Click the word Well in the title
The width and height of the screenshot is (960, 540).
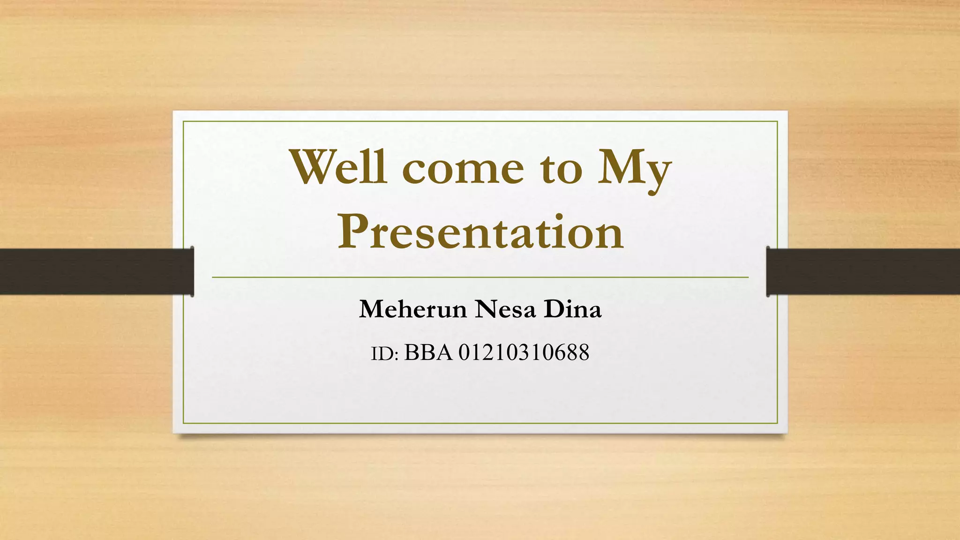click(338, 167)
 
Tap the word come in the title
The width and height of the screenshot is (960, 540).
click(463, 170)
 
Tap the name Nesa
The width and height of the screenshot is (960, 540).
click(505, 309)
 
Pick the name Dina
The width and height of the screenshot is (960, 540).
click(572, 309)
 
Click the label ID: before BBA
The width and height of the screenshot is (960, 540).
click(384, 354)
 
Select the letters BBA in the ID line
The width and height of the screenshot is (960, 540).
click(428, 352)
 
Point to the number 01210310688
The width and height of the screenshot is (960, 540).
click(524, 352)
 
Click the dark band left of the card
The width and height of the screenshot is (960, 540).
click(94, 271)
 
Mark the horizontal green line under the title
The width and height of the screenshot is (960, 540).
click(480, 277)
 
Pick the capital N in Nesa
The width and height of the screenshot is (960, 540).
click(486, 309)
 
